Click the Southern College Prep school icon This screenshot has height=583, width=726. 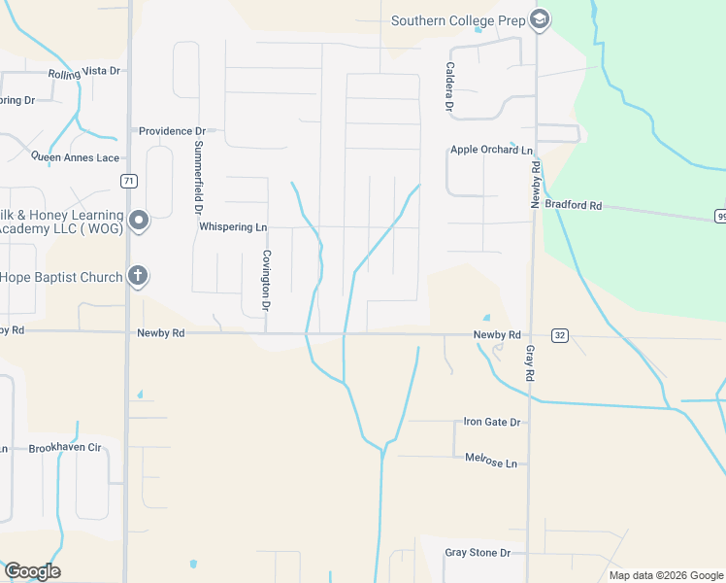click(x=540, y=19)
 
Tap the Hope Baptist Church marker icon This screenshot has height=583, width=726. click(x=138, y=277)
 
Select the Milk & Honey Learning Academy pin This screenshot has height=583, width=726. click(x=138, y=221)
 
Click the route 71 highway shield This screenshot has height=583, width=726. click(x=128, y=181)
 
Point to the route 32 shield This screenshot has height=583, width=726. click(x=559, y=335)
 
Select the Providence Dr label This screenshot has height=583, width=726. click(x=173, y=130)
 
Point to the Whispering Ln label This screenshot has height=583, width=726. click(x=233, y=226)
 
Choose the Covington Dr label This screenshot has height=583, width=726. click(x=264, y=281)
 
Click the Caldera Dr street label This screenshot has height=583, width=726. click(x=449, y=86)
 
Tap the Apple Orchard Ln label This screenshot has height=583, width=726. click(x=491, y=150)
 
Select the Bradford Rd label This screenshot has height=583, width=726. click(x=574, y=205)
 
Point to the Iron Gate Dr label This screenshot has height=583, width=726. click(x=492, y=422)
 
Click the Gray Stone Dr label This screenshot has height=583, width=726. click(x=478, y=552)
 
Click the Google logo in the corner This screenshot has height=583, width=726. click(x=32, y=571)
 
